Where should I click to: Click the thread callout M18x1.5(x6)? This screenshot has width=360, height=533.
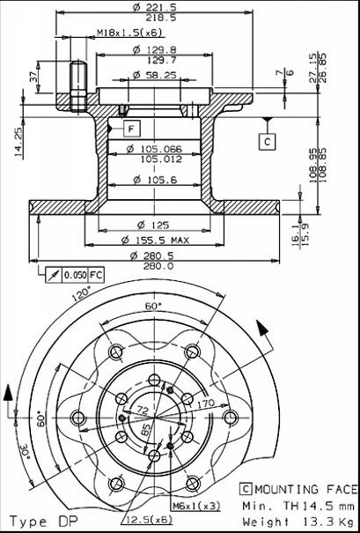(x=129, y=33)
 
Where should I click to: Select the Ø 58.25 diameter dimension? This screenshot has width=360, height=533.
(x=155, y=75)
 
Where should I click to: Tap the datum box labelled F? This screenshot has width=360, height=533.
(x=131, y=129)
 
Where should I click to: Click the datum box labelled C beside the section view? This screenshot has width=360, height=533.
(x=268, y=142)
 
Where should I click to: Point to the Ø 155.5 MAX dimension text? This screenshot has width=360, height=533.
(x=155, y=241)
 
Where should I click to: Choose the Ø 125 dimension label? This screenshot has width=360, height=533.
(x=153, y=225)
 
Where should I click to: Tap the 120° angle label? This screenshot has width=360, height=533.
(x=82, y=294)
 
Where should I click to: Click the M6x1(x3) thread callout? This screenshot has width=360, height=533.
(x=196, y=506)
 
